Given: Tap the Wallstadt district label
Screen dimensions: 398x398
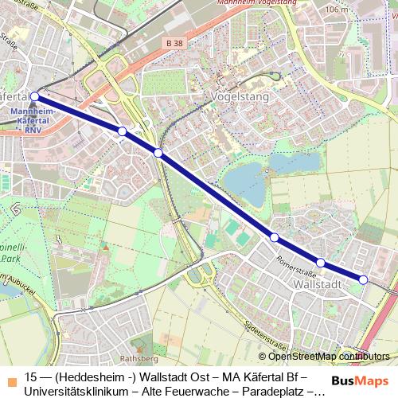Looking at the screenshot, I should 318,283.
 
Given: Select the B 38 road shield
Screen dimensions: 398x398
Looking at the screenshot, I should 176,42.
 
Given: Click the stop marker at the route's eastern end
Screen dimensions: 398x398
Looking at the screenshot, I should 364,279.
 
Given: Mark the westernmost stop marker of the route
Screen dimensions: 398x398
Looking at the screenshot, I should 34,96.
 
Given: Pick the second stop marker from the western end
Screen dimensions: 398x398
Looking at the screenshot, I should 122,131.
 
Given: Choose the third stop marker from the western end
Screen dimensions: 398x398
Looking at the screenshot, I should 158,153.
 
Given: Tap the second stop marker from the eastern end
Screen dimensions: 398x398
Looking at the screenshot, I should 320,263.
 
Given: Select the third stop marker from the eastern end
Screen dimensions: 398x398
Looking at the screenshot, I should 274,237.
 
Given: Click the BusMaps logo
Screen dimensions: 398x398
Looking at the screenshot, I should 360,380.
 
